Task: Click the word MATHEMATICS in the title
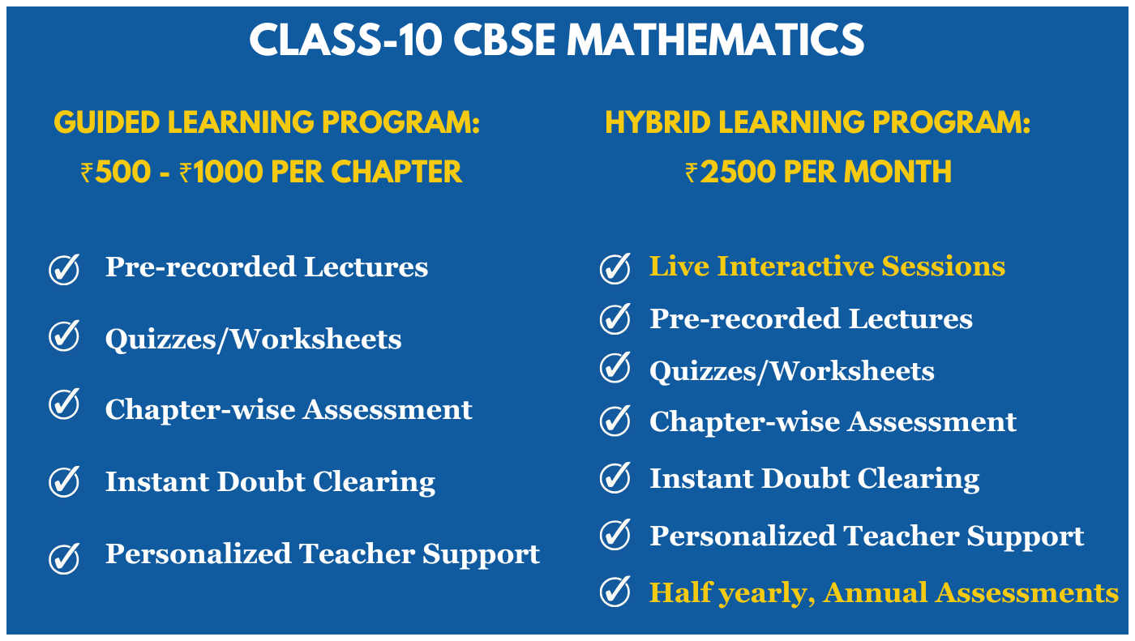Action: point(715,40)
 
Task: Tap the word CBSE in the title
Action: point(504,40)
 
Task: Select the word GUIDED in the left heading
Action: point(107,122)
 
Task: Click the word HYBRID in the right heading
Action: point(657,122)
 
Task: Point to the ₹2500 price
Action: point(730,172)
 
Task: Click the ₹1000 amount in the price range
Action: point(221,172)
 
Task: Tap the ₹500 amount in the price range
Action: point(115,172)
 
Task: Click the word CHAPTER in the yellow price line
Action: point(396,172)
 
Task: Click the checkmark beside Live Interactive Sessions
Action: point(615,268)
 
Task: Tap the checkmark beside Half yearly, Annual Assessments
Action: point(615,591)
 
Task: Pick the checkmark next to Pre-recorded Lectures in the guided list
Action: point(64,269)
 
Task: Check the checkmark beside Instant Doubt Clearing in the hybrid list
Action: point(615,477)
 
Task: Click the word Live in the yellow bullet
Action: point(679,267)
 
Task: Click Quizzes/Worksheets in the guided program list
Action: point(253,339)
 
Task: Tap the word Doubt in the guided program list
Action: point(261,481)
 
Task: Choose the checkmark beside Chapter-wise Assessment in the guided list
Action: point(64,404)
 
